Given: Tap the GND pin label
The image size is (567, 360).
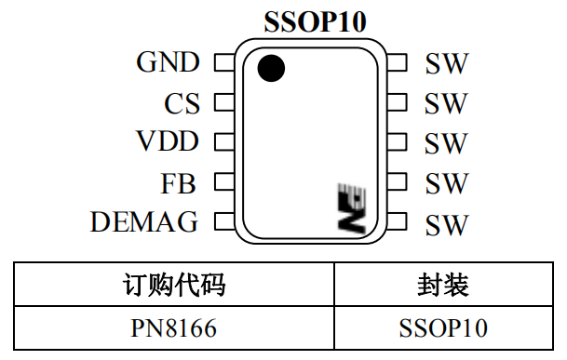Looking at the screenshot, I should click(168, 62).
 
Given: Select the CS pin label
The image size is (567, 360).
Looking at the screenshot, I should click(182, 103).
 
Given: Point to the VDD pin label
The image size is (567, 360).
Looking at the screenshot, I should click(167, 142).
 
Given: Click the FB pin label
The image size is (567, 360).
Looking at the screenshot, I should click(179, 183).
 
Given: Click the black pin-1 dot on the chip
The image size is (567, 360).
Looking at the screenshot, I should click(271, 69).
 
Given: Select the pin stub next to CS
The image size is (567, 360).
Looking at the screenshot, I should click(223, 103).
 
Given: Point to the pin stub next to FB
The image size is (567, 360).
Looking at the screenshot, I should click(223, 182).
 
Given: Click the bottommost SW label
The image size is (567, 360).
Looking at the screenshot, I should click(446, 224).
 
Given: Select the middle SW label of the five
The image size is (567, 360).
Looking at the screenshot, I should click(446, 144).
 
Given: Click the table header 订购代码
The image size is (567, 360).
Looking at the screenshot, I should click(174, 285).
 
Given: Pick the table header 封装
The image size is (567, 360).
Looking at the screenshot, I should click(443, 285).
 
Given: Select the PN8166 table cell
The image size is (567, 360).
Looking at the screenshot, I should click(174, 327).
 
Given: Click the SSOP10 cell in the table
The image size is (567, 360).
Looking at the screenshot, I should click(443, 327).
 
